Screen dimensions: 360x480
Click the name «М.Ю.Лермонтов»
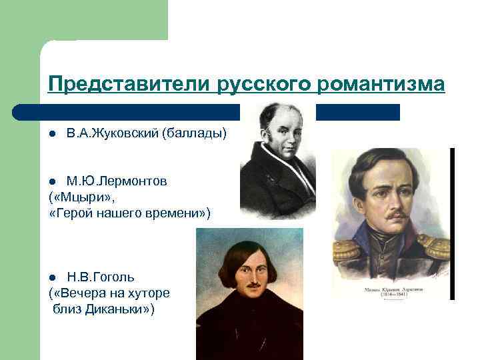pyautogui.click(x=117, y=181)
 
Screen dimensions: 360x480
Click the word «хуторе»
pyautogui.click(x=152, y=293)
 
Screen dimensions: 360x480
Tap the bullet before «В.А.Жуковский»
pyautogui.click(x=52, y=134)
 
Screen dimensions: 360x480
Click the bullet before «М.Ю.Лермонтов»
pyautogui.click(x=52, y=182)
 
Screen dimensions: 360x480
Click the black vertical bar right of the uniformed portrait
pyautogui.click(x=452, y=223)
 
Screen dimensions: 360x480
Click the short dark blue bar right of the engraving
pyautogui.click(x=357, y=112)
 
